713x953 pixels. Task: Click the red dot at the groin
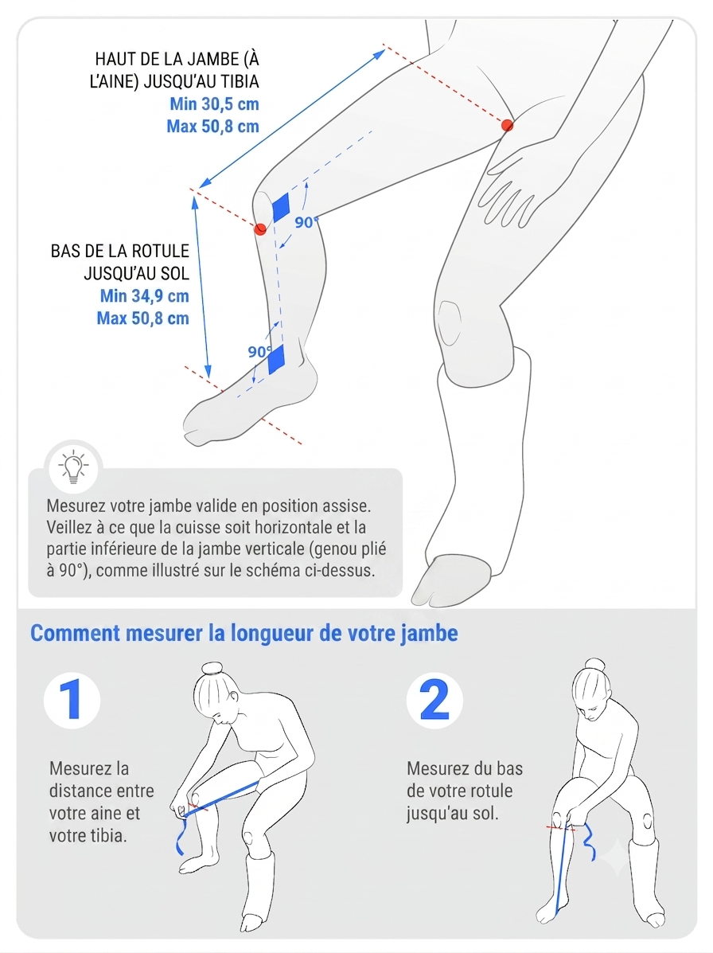507,125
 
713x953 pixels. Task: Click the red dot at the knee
260,228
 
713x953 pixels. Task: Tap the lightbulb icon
73,467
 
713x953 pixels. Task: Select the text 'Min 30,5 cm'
214,104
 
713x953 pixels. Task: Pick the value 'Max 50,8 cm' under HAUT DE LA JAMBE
213,127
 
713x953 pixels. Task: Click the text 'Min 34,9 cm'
145,296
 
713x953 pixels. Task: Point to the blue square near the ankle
276,359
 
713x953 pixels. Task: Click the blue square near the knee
281,207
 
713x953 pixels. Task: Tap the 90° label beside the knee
306,222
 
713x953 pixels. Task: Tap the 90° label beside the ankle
259,352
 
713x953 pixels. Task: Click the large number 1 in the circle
72,700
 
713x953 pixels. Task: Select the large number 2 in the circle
434,700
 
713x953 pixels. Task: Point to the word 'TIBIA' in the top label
239,81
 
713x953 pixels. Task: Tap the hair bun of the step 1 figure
213,669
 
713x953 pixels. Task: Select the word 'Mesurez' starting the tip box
76,506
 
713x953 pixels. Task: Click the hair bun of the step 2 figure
594,663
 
